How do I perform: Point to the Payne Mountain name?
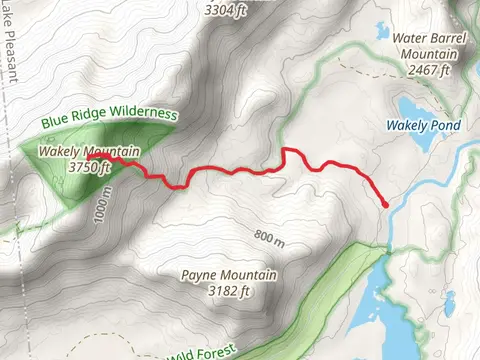pos(216,275)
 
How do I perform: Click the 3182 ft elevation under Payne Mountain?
pos(216,291)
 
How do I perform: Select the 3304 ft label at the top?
pos(225,12)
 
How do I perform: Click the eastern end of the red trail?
pos(385,204)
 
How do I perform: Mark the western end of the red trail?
pos(89,157)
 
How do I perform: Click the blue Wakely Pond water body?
pos(415,108)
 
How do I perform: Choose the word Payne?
pos(199,275)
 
